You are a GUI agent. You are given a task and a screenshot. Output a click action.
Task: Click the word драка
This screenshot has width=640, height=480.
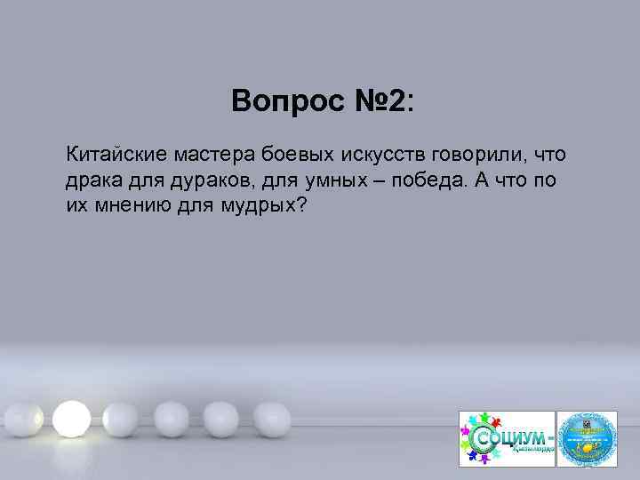pos(90,180)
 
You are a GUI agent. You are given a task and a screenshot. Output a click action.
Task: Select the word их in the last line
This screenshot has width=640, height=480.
pos(75,205)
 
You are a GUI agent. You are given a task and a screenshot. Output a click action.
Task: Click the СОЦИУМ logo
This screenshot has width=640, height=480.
pos(506,438)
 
